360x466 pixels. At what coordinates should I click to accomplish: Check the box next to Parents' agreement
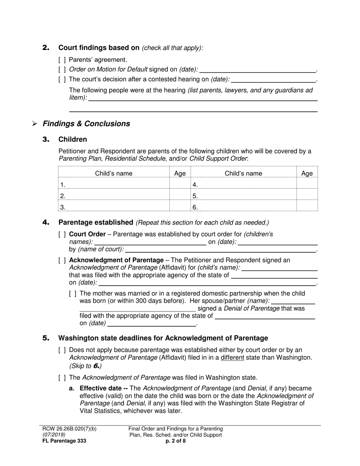[62, 60]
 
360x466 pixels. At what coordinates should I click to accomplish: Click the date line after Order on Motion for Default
[257, 70]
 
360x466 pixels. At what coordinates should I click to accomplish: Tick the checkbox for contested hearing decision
[62, 80]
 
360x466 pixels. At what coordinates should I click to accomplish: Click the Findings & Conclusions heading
[86, 124]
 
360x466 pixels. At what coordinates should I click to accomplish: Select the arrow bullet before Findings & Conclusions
[34, 124]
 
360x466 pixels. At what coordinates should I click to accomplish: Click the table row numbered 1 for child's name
[114, 185]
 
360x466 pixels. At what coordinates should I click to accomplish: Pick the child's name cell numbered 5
[243, 196]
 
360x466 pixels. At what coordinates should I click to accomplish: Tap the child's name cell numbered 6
[243, 207]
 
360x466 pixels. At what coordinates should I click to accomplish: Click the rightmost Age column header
[307, 174]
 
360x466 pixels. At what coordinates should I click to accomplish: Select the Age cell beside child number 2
[180, 196]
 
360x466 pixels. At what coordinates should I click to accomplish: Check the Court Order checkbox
[62, 235]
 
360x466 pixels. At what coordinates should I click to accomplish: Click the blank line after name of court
[220, 249]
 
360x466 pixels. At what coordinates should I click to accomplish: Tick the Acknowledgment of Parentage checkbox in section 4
[62, 260]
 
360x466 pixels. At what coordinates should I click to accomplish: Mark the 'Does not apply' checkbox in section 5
[62, 350]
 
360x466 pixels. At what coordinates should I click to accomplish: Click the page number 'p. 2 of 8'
[175, 441]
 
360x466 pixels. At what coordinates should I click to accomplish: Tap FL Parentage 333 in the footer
[64, 441]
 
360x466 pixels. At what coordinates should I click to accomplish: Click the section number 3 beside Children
[46, 139]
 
